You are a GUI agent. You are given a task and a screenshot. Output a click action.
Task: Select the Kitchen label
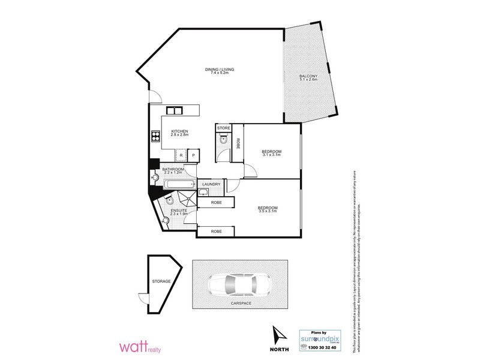coord(180,131)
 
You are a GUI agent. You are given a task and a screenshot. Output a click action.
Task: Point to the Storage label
coord(161,281)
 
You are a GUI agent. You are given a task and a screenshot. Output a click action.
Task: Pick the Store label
coord(224,128)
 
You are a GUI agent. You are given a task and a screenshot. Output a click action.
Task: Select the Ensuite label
coord(179,211)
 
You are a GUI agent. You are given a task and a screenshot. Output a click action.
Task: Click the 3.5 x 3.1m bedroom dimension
coord(268,211)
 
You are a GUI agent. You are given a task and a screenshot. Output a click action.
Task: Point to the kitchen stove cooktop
coord(155,136)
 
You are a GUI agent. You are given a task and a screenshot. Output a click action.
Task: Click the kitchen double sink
coord(175,110)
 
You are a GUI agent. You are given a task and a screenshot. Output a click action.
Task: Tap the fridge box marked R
coord(181,156)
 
